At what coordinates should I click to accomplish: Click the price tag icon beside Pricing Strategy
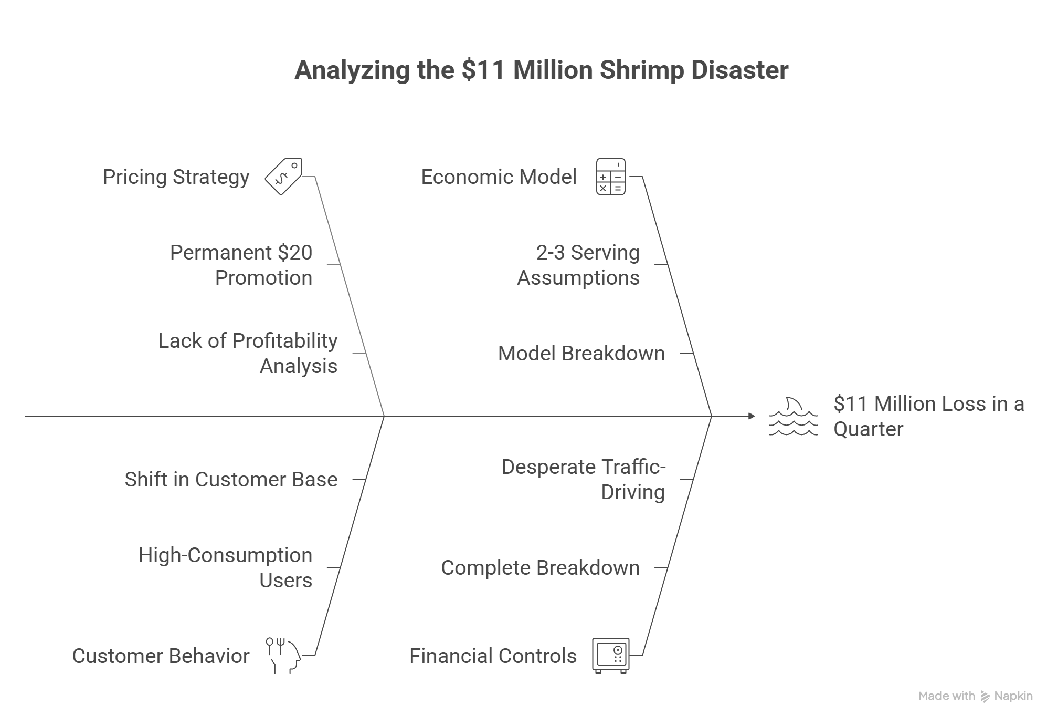(x=283, y=177)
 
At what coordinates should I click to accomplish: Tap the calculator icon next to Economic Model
(x=610, y=177)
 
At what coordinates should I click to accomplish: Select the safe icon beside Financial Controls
(x=610, y=656)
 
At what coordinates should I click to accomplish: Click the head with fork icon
(x=283, y=656)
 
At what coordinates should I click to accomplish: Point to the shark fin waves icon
(x=793, y=417)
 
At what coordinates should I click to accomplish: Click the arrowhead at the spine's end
(x=752, y=416)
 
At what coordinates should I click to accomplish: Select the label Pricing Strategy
(x=176, y=177)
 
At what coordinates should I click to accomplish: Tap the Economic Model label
(x=499, y=177)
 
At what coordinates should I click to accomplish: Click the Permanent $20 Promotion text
(x=241, y=265)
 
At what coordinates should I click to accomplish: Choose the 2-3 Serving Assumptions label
(x=578, y=265)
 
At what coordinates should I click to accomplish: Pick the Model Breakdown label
(x=581, y=354)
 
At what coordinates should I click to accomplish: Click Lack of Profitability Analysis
(x=248, y=353)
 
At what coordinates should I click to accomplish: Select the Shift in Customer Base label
(x=231, y=480)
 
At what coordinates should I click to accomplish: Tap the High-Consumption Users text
(x=225, y=567)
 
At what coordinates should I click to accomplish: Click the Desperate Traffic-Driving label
(x=583, y=479)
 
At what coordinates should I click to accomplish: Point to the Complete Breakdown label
(x=540, y=568)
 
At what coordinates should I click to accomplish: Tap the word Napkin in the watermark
(x=1013, y=696)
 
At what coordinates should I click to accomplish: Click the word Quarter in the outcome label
(x=868, y=429)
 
